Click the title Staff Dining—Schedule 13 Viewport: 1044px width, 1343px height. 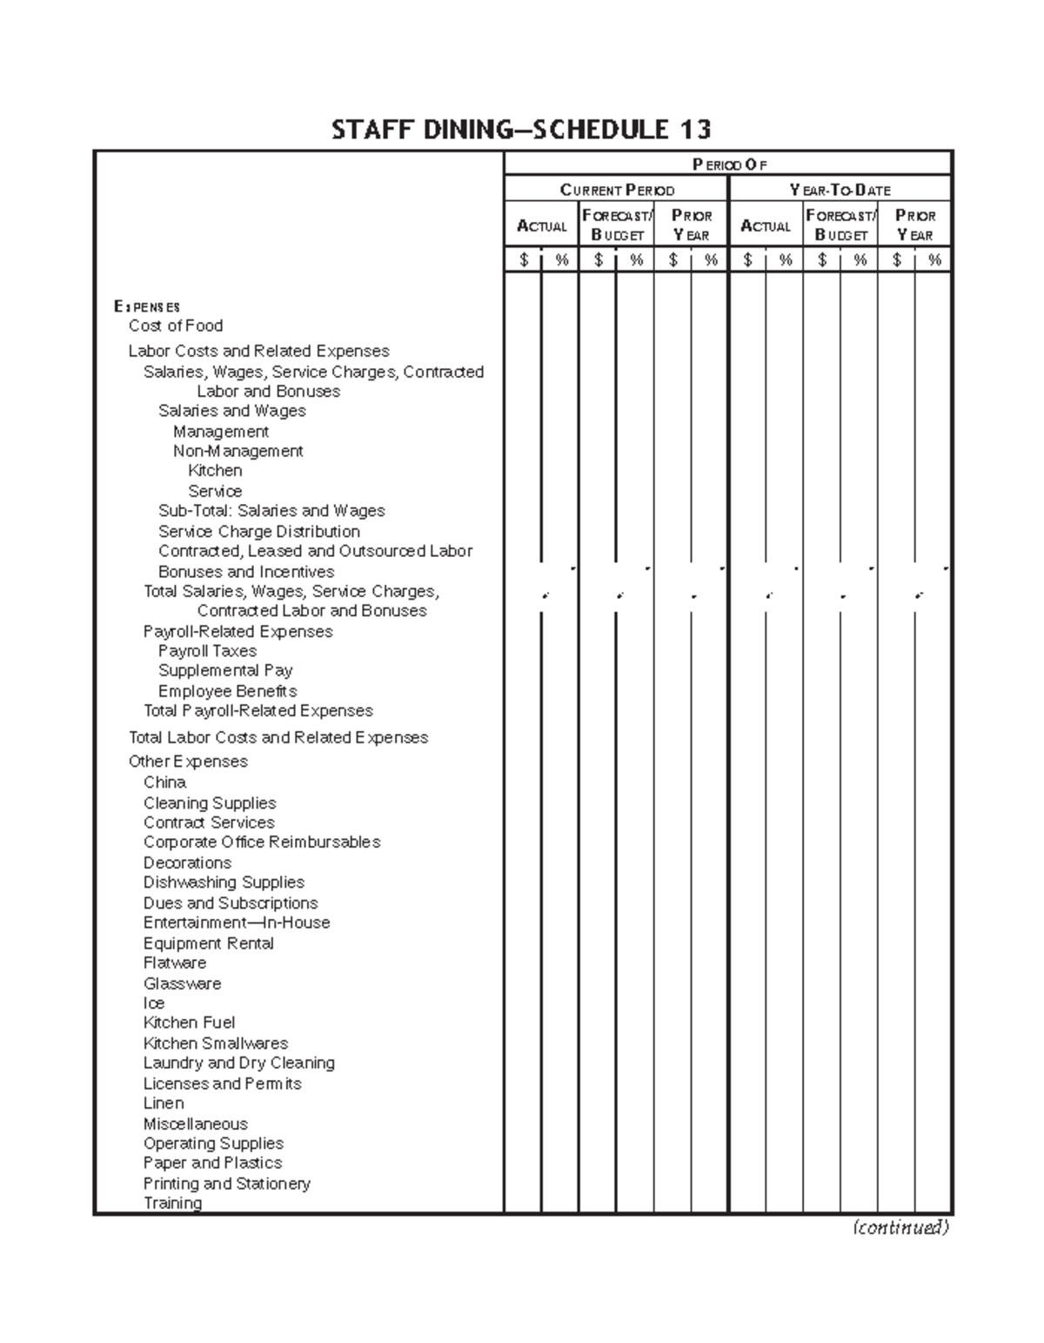521,131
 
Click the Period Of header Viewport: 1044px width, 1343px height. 729,165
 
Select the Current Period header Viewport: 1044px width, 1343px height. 617,190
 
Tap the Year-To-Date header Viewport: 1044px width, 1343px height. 840,190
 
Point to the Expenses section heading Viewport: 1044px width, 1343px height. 147,306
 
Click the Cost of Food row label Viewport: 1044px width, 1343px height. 176,326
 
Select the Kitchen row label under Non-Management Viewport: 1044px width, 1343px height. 215,471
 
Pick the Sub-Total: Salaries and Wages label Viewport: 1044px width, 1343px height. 271,511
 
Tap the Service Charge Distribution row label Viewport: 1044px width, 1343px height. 259,531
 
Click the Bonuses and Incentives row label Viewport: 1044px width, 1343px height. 246,572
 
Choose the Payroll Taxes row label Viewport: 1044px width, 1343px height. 207,651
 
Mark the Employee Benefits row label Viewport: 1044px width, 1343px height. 227,691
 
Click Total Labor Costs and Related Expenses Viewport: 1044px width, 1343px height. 278,737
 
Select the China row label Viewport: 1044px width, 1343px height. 164,782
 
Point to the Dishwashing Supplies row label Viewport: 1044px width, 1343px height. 224,883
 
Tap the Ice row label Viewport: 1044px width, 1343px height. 154,1003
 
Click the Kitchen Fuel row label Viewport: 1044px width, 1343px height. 189,1023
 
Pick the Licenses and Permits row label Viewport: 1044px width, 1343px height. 223,1084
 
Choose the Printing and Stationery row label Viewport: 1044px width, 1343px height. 226,1184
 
